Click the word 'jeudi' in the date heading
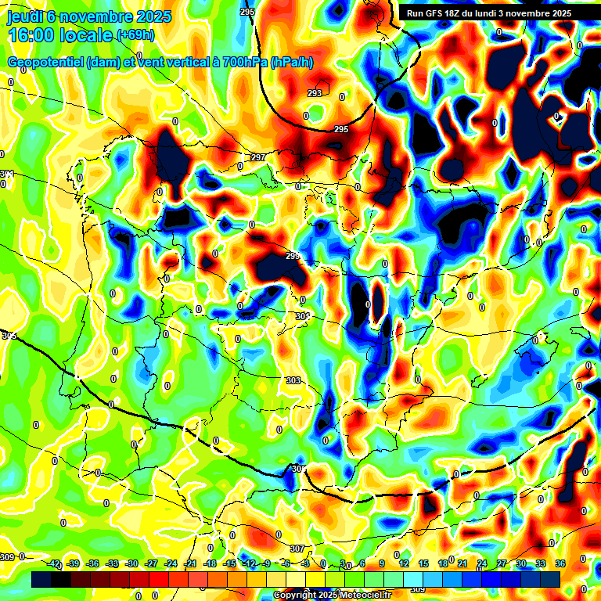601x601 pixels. click(26, 16)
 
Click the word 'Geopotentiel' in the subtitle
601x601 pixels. click(46, 63)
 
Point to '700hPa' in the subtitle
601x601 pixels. click(243, 63)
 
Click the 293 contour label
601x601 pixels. click(315, 93)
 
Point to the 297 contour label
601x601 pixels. click(257, 158)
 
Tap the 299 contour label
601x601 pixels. click(293, 256)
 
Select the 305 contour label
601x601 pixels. click(297, 469)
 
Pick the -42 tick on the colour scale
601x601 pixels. click(53, 563)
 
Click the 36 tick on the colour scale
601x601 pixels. click(560, 563)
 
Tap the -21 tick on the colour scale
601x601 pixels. click(189, 563)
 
